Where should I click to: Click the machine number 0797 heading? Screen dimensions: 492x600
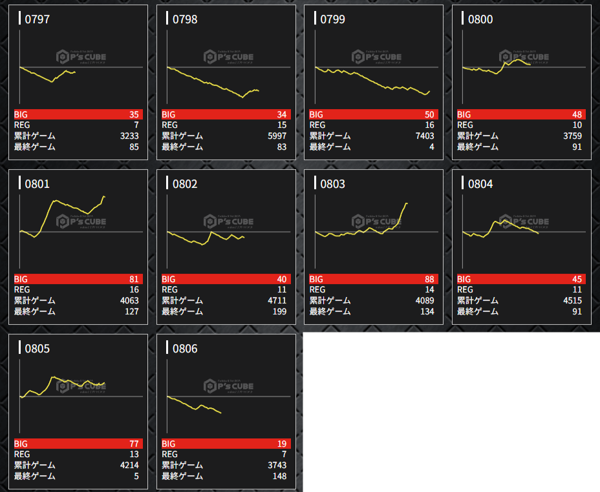(37, 19)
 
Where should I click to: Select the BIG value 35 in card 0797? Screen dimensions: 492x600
(134, 114)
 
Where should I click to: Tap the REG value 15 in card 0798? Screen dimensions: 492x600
(281, 125)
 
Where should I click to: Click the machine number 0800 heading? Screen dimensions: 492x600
(480, 19)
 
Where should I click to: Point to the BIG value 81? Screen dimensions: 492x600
(134, 279)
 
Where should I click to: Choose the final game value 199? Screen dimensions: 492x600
(279, 312)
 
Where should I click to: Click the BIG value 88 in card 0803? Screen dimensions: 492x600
(429, 279)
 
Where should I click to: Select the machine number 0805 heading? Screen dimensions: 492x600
(37, 349)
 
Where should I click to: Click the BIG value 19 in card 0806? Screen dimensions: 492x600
(281, 444)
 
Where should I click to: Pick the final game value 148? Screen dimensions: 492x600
(279, 477)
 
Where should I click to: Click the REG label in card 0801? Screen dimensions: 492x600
(23, 290)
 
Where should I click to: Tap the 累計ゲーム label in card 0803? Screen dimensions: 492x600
(330, 301)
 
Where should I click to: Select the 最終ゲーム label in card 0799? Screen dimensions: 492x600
(330, 147)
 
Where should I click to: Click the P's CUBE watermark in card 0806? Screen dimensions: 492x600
(229, 386)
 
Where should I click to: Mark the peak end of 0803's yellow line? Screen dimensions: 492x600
(407, 203)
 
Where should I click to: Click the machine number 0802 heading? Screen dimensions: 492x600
(185, 184)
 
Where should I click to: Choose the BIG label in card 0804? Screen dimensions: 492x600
(466, 279)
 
